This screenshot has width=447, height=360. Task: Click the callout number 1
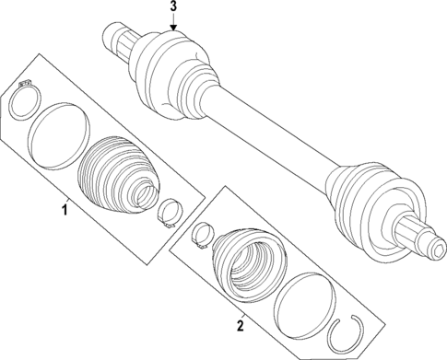pyautogui.click(x=64, y=212)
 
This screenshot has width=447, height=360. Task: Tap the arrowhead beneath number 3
pyautogui.click(x=172, y=29)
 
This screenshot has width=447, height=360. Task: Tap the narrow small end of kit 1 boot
pyautogui.click(x=142, y=197)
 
